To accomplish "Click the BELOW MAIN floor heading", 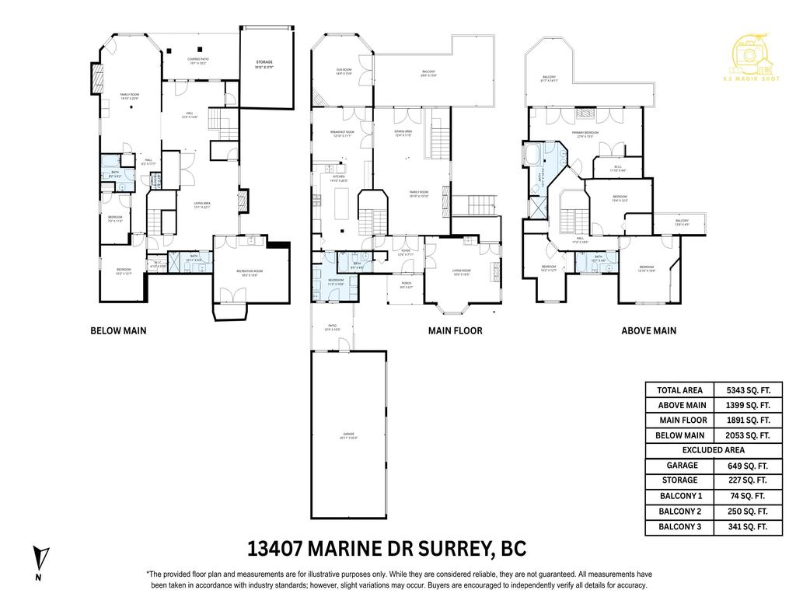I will (118, 330).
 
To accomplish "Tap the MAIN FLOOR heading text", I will (455, 330).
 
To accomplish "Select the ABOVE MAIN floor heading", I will (648, 330).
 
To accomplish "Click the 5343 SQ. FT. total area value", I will (747, 390).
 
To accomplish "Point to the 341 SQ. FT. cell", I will (747, 526).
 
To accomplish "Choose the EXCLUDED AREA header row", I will (713, 450).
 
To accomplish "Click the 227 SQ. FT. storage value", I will (747, 480).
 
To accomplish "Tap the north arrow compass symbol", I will (43, 560).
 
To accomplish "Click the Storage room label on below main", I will (265, 65).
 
